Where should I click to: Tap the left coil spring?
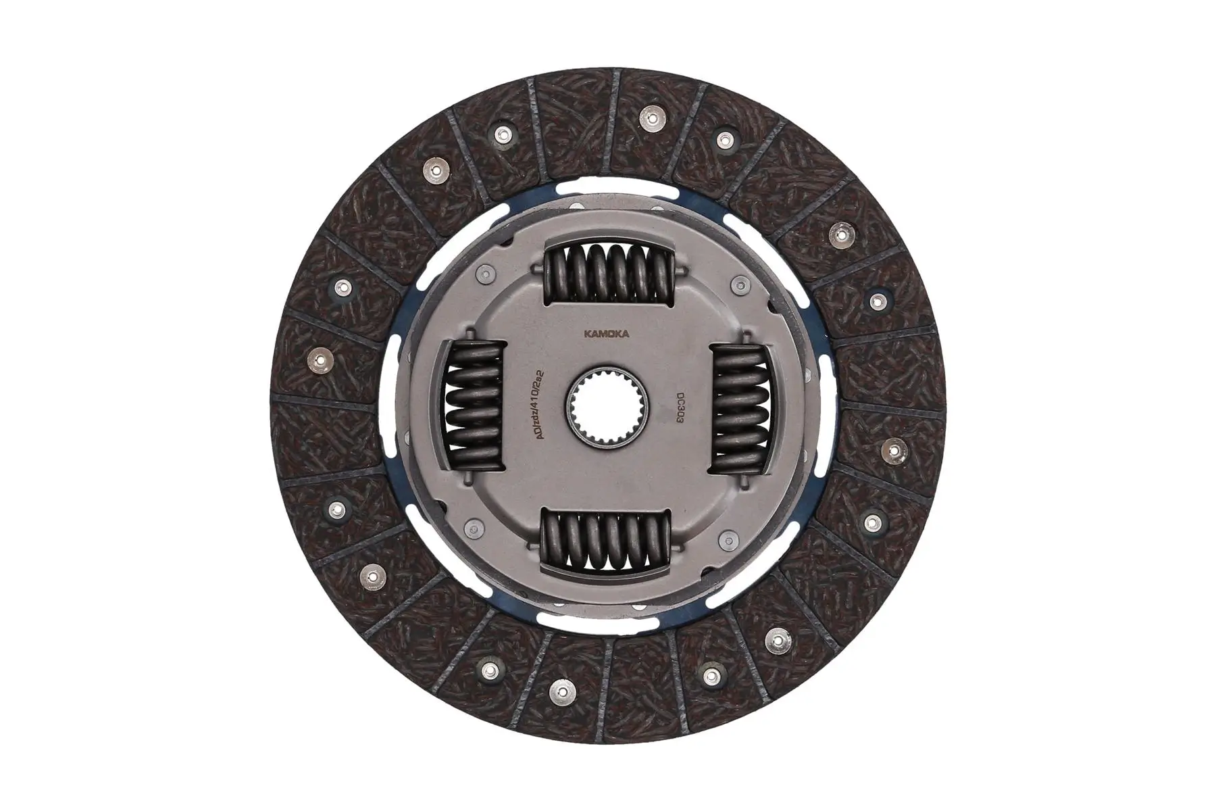pyautogui.click(x=476, y=406)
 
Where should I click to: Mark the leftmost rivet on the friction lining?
pyautogui.click(x=315, y=361)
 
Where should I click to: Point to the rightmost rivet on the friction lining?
pyautogui.click(x=895, y=448)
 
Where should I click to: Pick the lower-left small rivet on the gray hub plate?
pyautogui.click(x=473, y=528)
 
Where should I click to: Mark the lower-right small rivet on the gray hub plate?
pyautogui.click(x=728, y=539)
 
